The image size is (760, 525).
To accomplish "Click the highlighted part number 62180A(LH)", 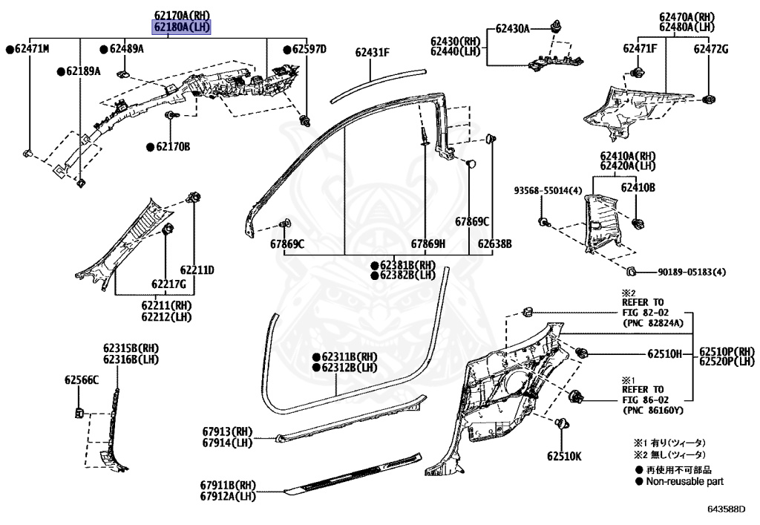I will coord(182,27).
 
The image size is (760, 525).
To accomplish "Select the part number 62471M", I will coord(30,49).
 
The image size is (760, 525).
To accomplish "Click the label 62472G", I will coord(711,49).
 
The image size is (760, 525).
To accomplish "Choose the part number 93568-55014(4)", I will coord(548,191).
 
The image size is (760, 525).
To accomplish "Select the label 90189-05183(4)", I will coord(690,272).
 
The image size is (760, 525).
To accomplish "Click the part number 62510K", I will coord(565,456).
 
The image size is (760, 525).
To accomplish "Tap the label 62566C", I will coord(81,380).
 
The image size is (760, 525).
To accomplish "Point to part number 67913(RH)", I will coord(226,431).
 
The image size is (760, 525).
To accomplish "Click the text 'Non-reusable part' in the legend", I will coord(684,482).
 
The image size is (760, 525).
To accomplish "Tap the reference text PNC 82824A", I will coord(652,324).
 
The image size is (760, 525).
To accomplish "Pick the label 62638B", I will coord(494,244).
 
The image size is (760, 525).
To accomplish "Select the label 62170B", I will coord(172,147).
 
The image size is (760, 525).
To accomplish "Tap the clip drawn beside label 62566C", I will coord(79,412).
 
